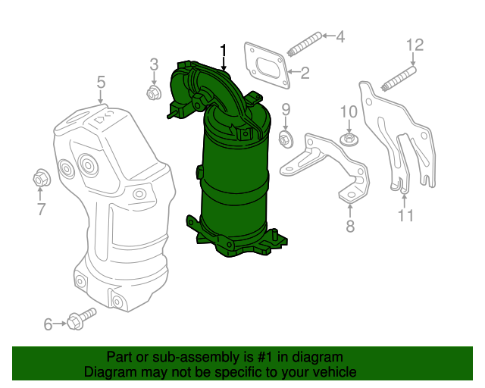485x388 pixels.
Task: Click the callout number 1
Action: click(x=224, y=51)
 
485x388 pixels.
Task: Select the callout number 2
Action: click(x=305, y=74)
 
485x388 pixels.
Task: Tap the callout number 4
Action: click(x=339, y=36)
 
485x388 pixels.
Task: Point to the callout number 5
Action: click(x=100, y=82)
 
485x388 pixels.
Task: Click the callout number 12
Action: click(x=415, y=45)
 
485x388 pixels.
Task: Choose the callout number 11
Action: click(x=406, y=217)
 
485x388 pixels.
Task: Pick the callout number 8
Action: click(x=349, y=225)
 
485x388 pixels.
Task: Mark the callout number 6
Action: click(x=48, y=325)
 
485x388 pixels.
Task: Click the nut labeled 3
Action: click(x=152, y=94)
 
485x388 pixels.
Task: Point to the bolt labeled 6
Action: click(x=80, y=319)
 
